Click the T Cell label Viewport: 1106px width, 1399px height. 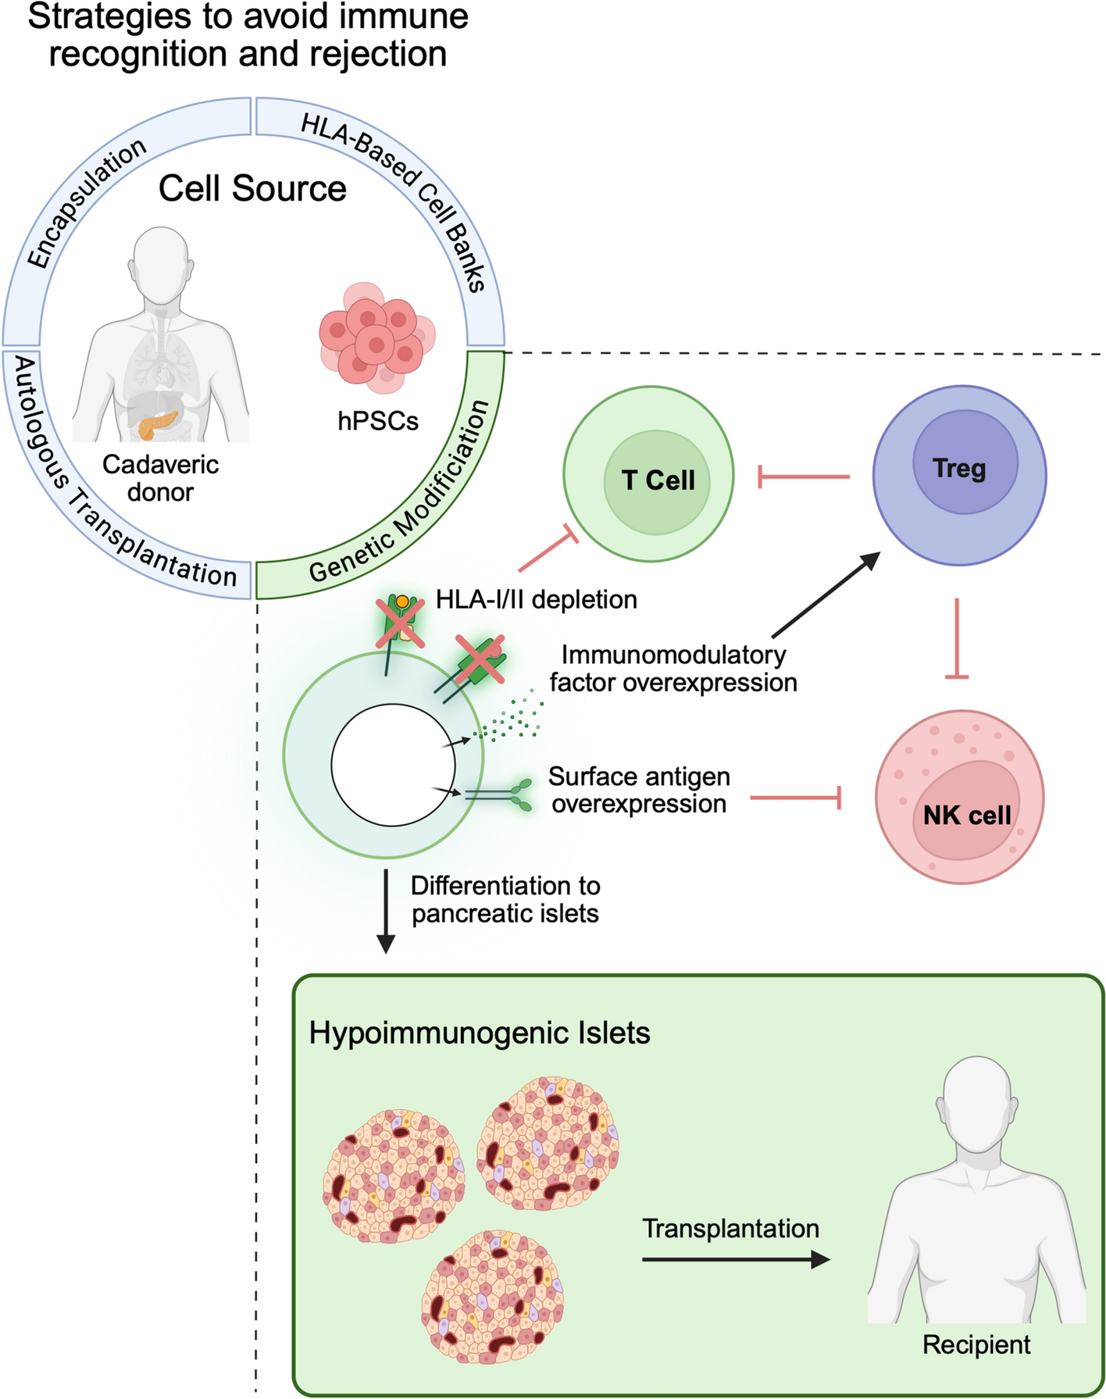(x=658, y=480)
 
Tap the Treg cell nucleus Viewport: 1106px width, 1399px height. (x=965, y=462)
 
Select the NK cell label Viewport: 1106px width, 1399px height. (x=966, y=815)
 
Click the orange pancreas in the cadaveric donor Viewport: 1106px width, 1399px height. (x=159, y=424)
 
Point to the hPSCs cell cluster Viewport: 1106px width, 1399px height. (x=376, y=337)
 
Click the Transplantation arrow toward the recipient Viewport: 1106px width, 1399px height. (x=734, y=1259)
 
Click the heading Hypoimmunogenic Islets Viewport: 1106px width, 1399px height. (x=479, y=1033)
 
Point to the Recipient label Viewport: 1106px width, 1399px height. (x=976, y=1344)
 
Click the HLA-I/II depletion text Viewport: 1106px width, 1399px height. (x=536, y=599)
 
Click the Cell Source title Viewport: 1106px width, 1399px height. (x=252, y=188)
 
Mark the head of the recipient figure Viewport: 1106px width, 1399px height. (x=978, y=1101)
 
